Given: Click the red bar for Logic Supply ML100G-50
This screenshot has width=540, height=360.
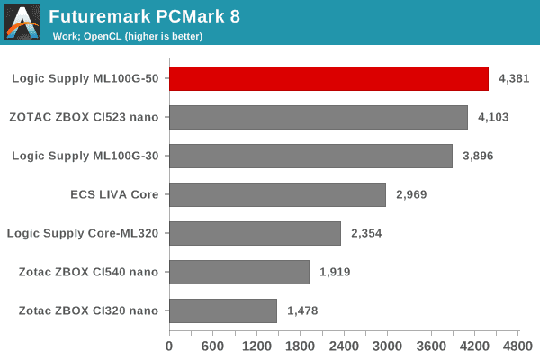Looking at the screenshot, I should click(328, 78).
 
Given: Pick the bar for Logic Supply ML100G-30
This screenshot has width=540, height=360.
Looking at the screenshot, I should click(310, 156).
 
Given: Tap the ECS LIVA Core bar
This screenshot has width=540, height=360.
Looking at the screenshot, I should click(277, 194).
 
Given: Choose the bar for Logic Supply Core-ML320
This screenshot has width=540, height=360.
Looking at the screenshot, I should click(255, 233).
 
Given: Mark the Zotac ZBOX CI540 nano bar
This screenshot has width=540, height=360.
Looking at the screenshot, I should click(239, 272).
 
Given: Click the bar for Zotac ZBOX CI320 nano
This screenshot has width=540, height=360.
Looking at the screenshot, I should click(223, 310).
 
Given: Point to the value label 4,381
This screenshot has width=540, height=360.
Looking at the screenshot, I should click(514, 78).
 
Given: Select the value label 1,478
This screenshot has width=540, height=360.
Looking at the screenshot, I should click(302, 310).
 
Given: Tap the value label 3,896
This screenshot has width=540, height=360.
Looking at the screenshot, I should click(478, 156).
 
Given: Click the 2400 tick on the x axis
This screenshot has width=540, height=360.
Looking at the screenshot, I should click(344, 344).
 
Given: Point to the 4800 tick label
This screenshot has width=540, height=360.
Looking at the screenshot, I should click(517, 344).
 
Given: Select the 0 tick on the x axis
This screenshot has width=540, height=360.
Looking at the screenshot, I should click(169, 344).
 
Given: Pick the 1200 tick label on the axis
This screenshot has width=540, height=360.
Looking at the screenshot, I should click(256, 344).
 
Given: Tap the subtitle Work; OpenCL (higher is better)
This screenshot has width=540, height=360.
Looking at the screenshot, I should click(126, 37).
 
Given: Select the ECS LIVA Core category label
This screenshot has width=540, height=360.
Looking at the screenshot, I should click(113, 194).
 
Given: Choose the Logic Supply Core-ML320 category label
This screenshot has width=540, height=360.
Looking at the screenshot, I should click(83, 233).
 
